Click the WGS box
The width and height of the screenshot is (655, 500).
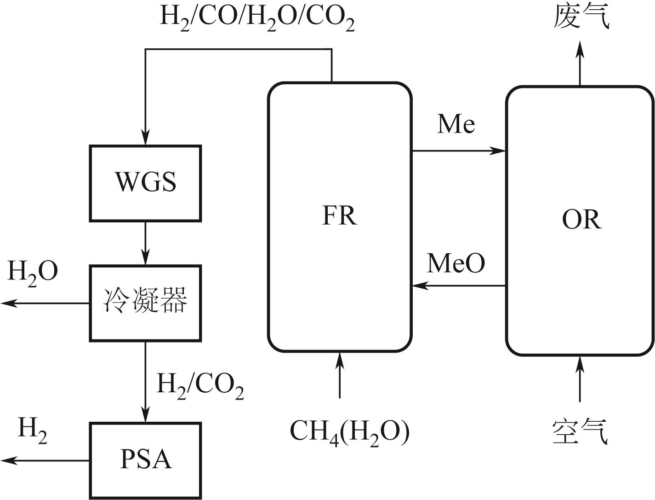pos(145,183)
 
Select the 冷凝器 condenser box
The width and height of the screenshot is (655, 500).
pos(145,302)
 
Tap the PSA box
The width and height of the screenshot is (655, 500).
pos(145,460)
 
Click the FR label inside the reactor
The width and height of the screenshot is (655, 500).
pos(339,215)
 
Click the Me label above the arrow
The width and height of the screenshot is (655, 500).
pos(456,124)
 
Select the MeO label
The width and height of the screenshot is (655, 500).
pos(456,263)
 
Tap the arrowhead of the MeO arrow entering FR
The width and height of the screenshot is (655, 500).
pos(418,286)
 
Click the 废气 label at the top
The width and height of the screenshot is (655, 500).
pos(581,17)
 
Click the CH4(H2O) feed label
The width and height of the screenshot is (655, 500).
pos(349,432)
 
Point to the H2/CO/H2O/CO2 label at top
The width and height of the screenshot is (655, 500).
pos(257,17)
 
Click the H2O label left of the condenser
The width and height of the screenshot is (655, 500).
pos(33,272)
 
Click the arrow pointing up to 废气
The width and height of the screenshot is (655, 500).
pos(580,62)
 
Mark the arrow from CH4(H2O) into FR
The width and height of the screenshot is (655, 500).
pos(340,374)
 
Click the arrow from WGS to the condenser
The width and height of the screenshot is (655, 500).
pos(145,243)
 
